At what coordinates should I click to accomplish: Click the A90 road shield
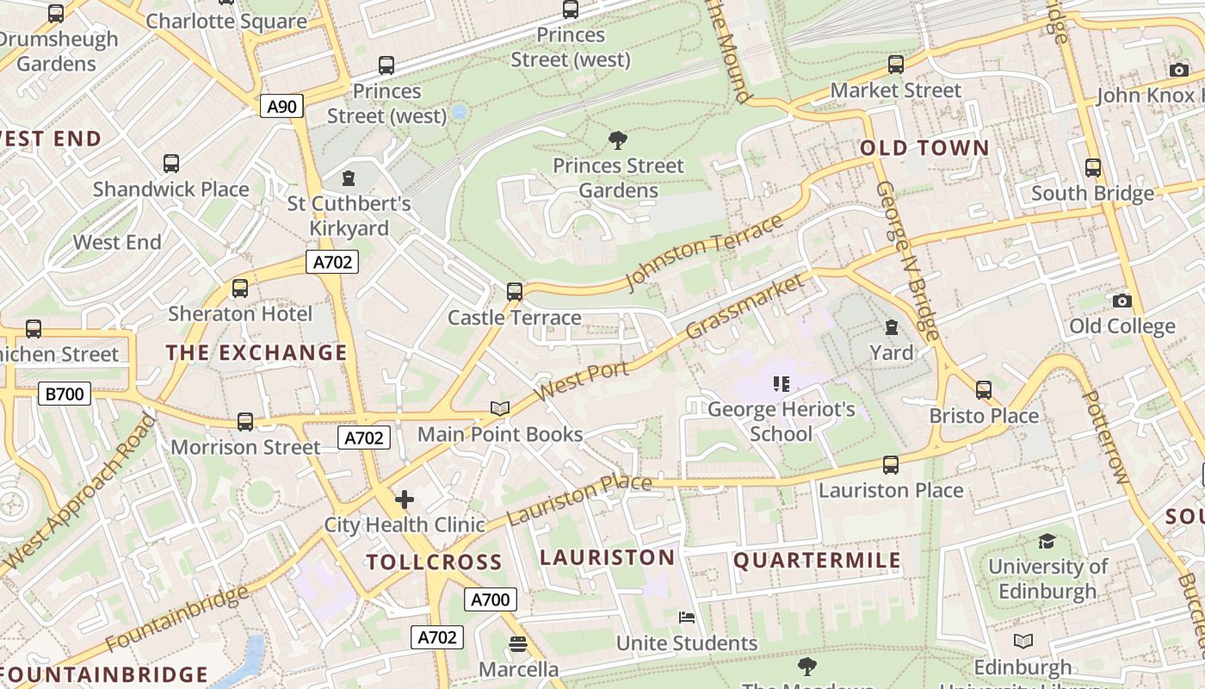point(281,107)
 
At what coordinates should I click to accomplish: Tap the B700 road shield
point(65,394)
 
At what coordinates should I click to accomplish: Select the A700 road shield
point(490,599)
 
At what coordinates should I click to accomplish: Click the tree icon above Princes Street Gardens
point(617,140)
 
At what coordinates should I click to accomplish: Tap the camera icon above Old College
point(1122,301)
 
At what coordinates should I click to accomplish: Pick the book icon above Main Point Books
point(500,408)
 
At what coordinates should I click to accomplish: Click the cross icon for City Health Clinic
point(404,499)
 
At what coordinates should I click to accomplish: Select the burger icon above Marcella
point(517,643)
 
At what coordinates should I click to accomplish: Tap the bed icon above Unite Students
point(686,618)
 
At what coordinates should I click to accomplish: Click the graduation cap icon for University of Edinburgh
point(1047,541)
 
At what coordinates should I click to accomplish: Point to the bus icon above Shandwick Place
point(171,164)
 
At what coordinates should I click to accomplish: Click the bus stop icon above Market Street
point(895,65)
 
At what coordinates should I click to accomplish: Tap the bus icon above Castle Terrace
point(515,292)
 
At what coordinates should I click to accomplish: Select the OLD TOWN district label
point(925,148)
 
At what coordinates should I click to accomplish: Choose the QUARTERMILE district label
point(817,561)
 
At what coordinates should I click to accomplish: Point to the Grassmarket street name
point(745,306)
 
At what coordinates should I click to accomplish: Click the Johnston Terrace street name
point(704,251)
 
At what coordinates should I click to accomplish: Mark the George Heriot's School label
point(781,421)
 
